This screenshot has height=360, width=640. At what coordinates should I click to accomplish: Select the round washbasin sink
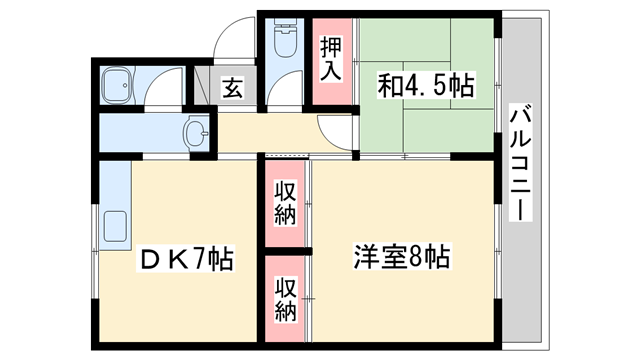[x=197, y=132]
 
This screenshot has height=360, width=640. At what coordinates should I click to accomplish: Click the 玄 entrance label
[x=233, y=89]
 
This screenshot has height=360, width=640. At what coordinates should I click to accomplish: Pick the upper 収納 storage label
[x=286, y=204]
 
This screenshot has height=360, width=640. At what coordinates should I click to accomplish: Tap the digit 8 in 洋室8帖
[x=417, y=257]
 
